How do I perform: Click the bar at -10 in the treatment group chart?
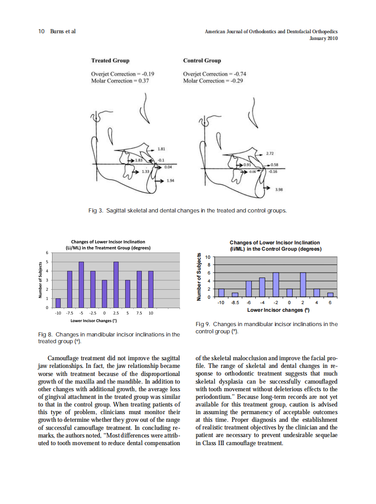[x=58, y=303]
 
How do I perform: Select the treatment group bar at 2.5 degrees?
[x=116, y=285]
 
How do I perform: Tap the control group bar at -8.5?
[x=235, y=295]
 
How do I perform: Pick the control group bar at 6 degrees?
[x=330, y=295]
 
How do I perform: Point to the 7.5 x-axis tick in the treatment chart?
[x=139, y=313]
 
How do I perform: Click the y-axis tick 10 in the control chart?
[x=207, y=257]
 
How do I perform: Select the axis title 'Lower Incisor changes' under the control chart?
[x=278, y=310]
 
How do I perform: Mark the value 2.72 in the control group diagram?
[x=271, y=154]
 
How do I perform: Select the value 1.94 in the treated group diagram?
[x=170, y=181]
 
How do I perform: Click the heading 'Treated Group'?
[x=110, y=60]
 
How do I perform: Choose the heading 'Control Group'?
[x=202, y=60]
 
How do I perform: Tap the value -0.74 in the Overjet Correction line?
[x=238, y=74]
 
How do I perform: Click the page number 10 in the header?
[x=41, y=31]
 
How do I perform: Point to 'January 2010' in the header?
[x=324, y=38]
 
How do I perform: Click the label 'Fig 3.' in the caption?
[x=95, y=210]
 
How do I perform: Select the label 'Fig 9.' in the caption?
[x=203, y=324]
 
